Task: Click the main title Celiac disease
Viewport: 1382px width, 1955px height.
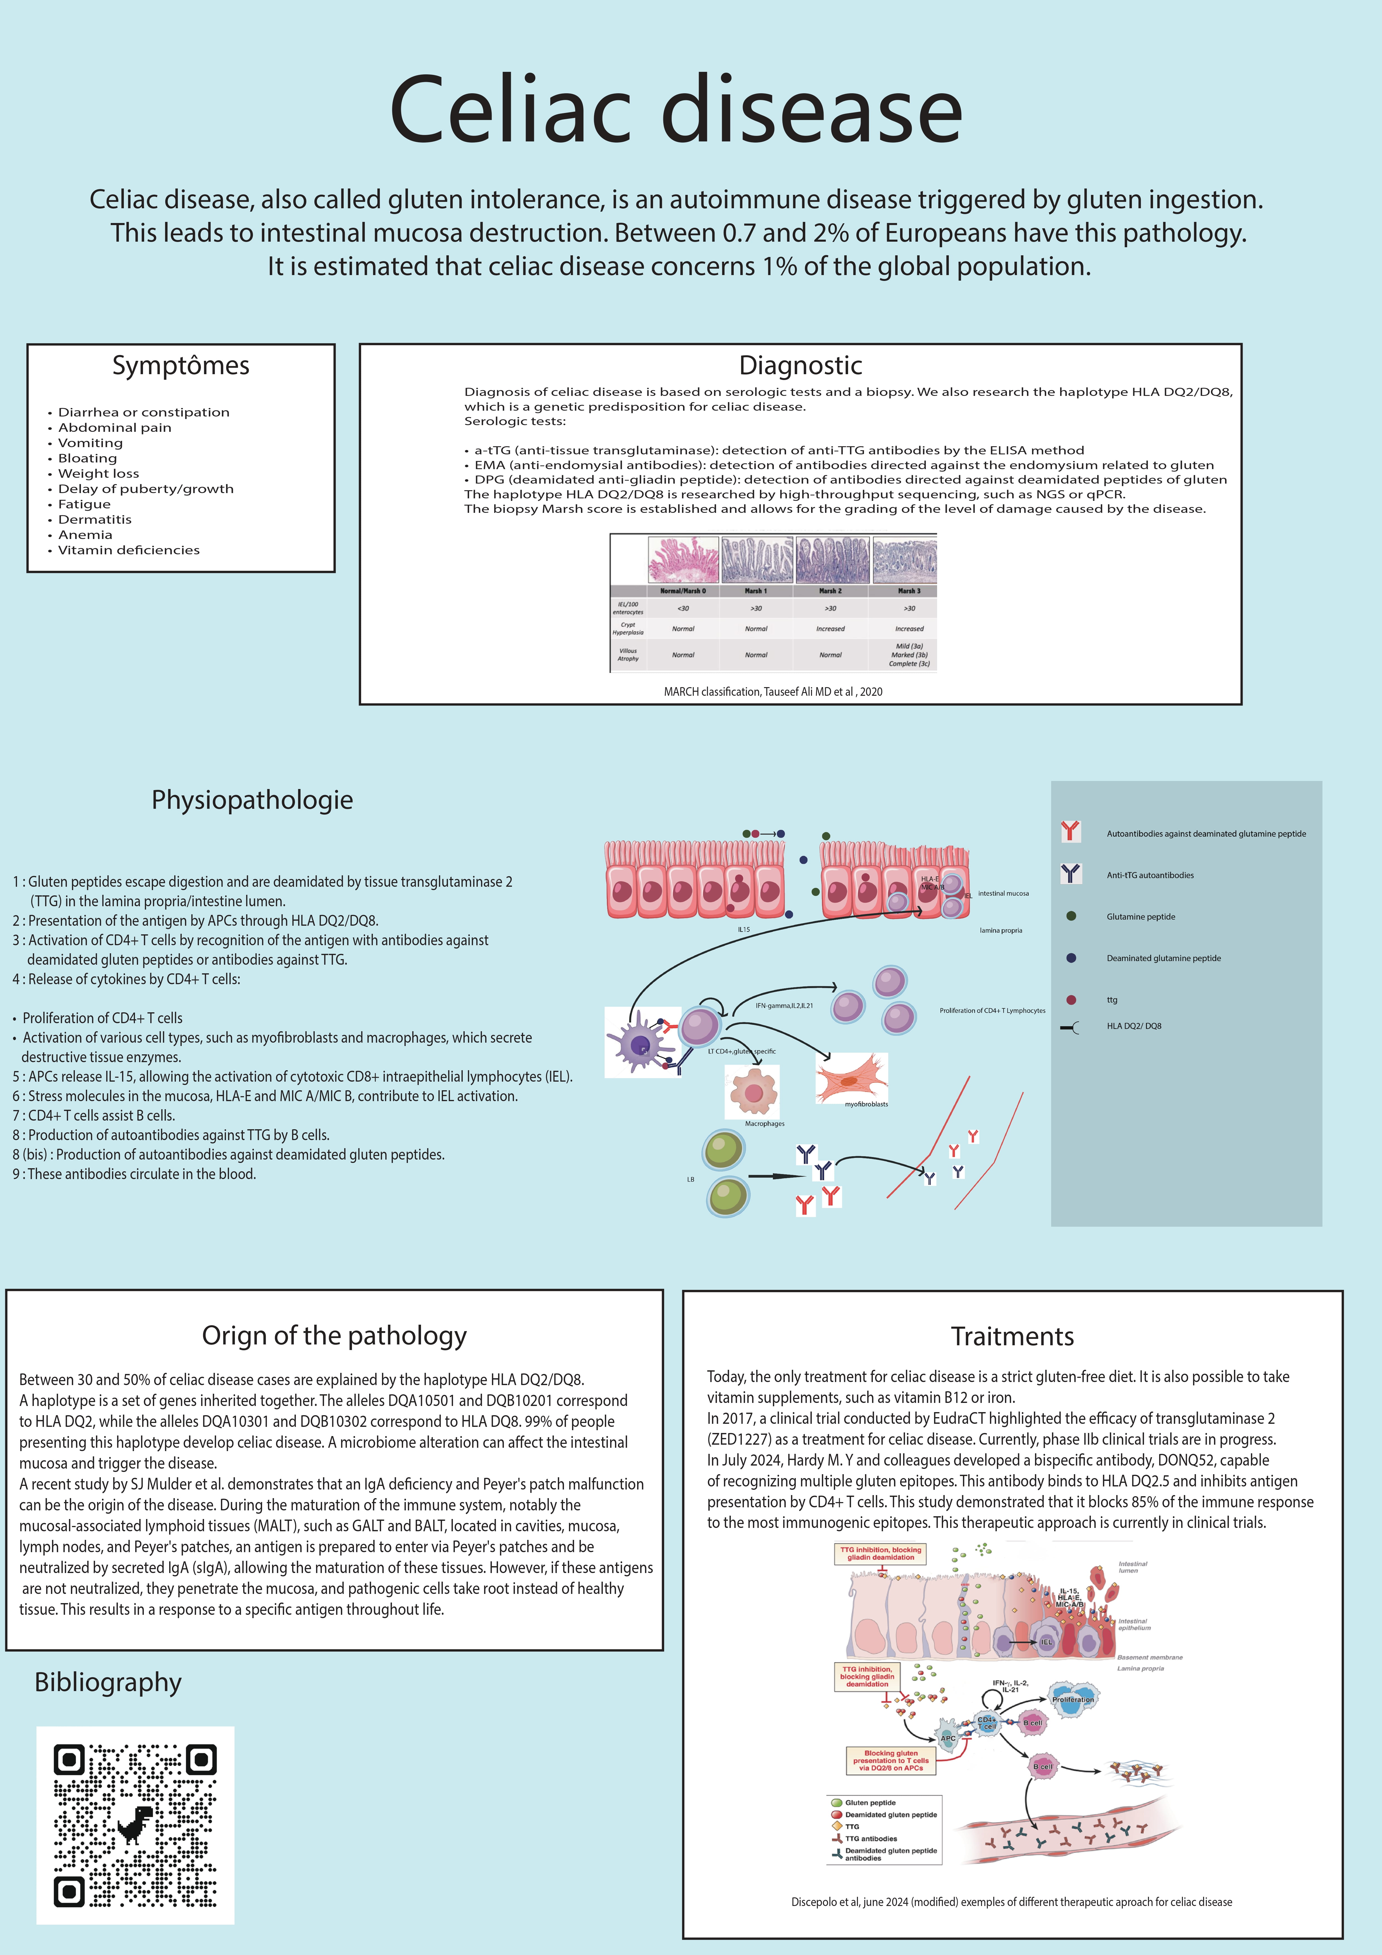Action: point(676,111)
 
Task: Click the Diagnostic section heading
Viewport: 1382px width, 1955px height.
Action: point(800,365)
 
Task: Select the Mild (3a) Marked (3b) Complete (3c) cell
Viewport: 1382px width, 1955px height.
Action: point(909,655)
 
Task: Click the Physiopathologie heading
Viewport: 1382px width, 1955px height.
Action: point(252,800)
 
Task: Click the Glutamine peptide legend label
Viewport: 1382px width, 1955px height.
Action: point(1140,917)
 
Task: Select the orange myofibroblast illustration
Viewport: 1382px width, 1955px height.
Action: point(851,1078)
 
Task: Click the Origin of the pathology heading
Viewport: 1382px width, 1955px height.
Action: point(334,1336)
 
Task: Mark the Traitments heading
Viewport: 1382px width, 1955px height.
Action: point(1012,1337)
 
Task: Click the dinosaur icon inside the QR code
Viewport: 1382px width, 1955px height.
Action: point(134,1825)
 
